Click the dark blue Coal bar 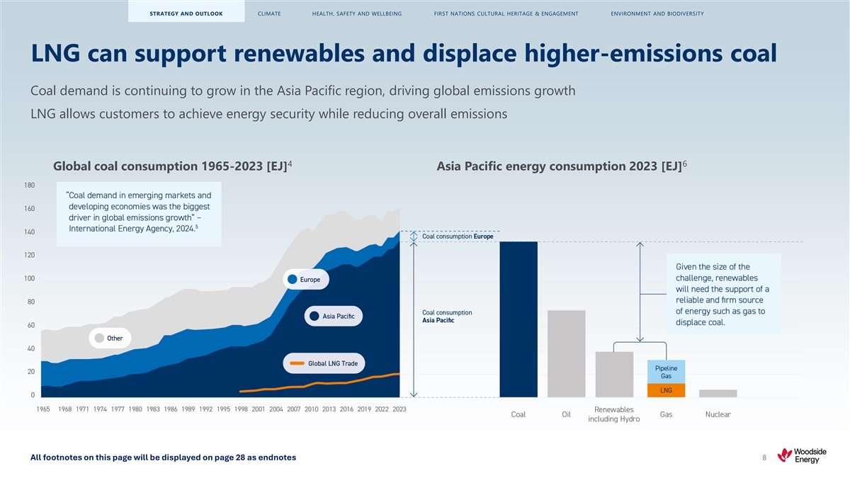[518, 319]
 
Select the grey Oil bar [566, 353]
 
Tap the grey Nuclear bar [718, 393]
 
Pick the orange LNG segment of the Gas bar [666, 390]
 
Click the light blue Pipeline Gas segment [666, 372]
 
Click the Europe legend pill [306, 280]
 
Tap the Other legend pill [110, 338]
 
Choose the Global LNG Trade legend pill [325, 363]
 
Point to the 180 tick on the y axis [29, 186]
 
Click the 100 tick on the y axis [29, 278]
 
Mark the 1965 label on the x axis [42, 409]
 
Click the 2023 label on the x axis [399, 409]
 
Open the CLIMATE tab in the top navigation [269, 13]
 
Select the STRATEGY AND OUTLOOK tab [186, 13]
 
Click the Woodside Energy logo [800, 455]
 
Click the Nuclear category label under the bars [718, 414]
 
